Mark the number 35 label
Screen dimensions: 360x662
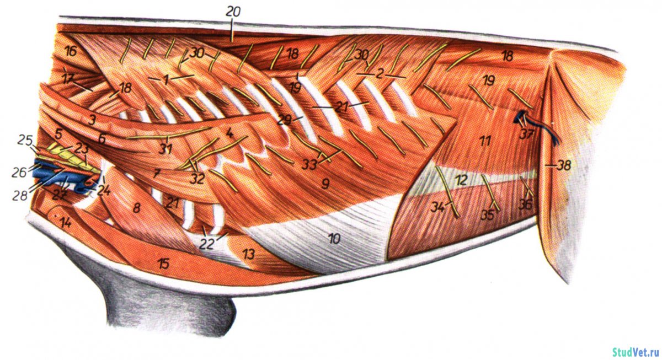coord(486,214)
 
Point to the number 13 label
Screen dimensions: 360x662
coord(249,254)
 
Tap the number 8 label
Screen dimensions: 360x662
coord(136,207)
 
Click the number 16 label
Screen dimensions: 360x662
coord(70,52)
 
